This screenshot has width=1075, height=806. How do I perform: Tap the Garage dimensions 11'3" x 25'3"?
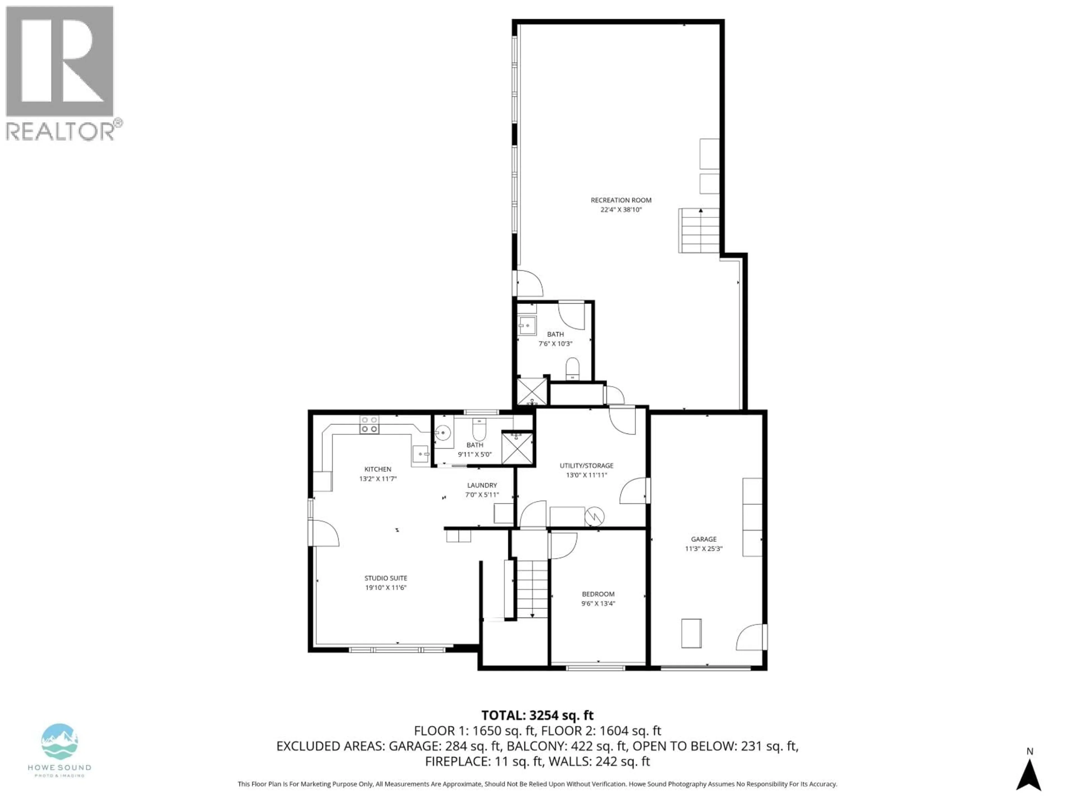[704, 549]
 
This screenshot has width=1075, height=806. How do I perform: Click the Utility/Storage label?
[586, 465]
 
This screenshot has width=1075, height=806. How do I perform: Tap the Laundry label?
[482, 485]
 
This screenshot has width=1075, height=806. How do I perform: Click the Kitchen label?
[378, 469]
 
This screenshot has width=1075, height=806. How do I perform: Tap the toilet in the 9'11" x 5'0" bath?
[479, 428]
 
